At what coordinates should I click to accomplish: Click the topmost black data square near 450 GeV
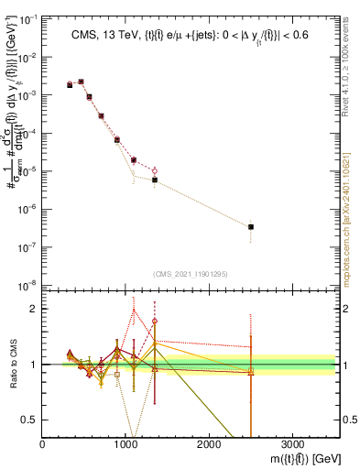pos(81,82)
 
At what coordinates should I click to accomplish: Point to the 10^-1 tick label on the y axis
pos(28,18)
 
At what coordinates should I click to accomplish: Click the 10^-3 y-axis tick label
pos(28,94)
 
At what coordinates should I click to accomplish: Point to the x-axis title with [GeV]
pos(302,457)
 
